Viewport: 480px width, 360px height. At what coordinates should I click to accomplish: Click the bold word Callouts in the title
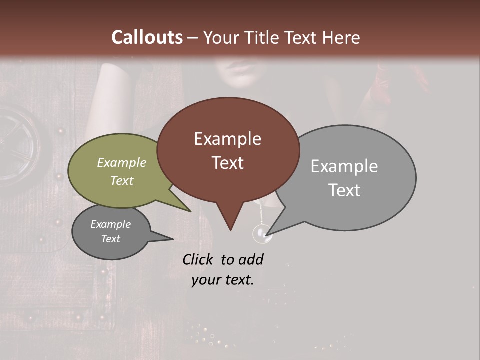(x=147, y=37)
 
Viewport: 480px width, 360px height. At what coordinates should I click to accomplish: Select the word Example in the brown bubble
(x=227, y=139)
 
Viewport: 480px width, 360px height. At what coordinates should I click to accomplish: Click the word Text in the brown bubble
(x=227, y=163)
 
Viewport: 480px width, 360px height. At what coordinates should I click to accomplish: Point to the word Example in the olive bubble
(x=122, y=162)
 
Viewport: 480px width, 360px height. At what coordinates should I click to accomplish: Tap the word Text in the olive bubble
(x=122, y=180)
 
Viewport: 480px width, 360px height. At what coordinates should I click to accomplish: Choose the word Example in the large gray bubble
(x=344, y=166)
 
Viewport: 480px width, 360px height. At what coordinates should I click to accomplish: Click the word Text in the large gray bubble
(x=344, y=190)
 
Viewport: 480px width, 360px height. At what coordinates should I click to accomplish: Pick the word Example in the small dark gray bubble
(x=111, y=224)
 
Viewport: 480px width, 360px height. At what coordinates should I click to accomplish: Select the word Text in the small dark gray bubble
(x=111, y=239)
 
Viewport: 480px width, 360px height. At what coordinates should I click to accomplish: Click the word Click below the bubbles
(x=199, y=259)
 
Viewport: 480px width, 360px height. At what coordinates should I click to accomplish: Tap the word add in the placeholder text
(x=251, y=259)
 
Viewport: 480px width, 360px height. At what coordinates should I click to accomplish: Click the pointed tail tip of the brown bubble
(x=230, y=230)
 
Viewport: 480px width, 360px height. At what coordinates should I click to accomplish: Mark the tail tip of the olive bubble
(x=191, y=211)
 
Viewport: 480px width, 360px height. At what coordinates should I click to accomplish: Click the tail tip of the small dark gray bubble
(x=173, y=239)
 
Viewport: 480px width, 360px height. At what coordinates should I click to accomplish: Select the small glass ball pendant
(x=262, y=233)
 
